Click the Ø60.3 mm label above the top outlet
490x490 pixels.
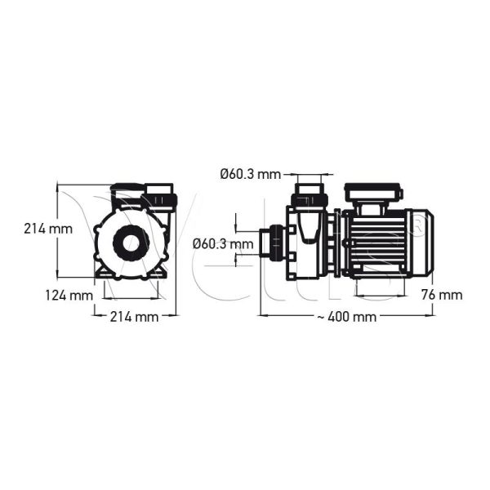tap(250, 173)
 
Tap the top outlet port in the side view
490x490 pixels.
tap(310, 197)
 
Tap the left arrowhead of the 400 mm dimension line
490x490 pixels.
tap(262, 314)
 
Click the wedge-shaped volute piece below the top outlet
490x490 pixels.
tap(308, 229)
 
